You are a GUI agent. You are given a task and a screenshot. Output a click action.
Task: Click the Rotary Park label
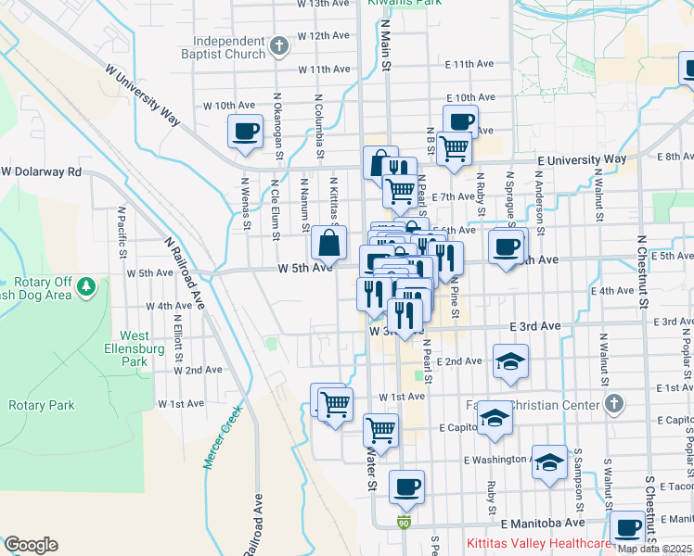tap(41, 405)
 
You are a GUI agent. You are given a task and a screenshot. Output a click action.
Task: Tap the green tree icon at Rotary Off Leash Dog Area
tap(86, 287)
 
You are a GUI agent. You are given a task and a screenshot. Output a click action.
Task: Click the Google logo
tap(30, 545)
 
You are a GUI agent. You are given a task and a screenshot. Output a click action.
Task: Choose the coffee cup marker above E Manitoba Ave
tap(405, 486)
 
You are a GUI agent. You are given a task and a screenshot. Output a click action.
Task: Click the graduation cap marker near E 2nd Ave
tap(509, 360)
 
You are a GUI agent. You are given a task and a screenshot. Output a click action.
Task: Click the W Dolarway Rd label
tap(41, 172)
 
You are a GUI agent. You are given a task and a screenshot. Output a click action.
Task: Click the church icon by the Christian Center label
tap(612, 402)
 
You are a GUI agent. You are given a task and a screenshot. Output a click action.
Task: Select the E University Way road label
tap(583, 159)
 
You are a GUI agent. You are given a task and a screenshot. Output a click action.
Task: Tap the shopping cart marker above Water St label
tap(380, 430)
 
